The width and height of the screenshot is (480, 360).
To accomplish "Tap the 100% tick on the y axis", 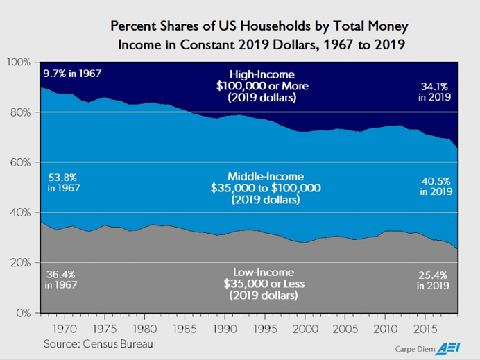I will click(18, 62).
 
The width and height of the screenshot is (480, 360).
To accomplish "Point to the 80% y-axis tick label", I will click(20, 112).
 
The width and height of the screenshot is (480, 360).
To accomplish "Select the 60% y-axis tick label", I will click(20, 162).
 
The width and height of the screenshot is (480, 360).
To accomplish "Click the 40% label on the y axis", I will click(20, 212).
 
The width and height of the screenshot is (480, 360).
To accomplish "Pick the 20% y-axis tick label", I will click(20, 263).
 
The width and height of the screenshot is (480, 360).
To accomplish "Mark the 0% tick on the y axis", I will click(23, 313).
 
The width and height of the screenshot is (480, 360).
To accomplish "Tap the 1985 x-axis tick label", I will click(183, 326).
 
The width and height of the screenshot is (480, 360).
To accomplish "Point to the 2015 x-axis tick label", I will click(422, 326).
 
